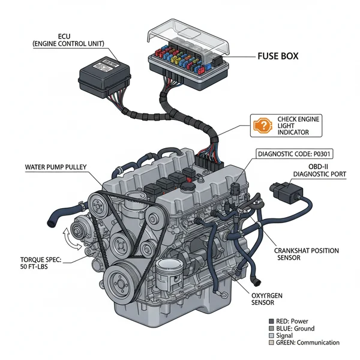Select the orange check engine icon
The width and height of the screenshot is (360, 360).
point(262,126)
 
